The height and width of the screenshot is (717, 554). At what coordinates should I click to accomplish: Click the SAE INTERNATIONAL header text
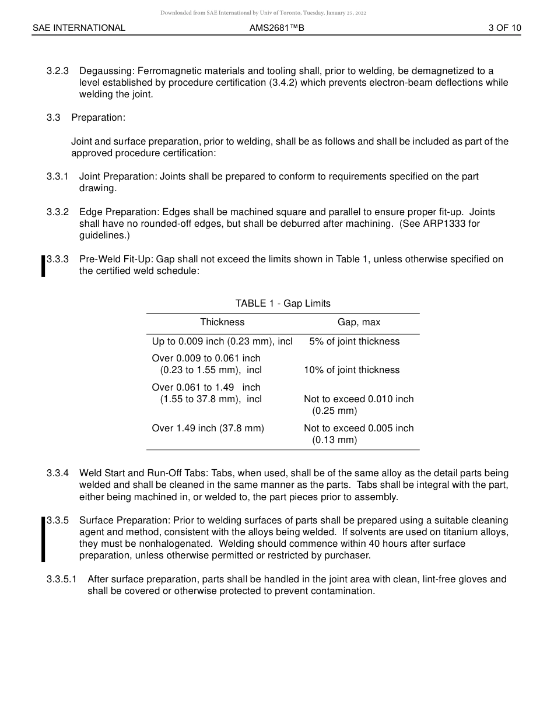pyautogui.click(x=79, y=28)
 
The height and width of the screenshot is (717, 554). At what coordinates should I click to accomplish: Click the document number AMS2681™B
pyautogui.click(x=276, y=28)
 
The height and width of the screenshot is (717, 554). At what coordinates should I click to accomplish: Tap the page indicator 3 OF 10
pyautogui.click(x=504, y=28)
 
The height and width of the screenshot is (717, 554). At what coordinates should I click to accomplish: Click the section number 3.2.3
pyautogui.click(x=58, y=71)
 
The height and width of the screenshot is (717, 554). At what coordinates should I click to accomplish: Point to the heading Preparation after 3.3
pyautogui.click(x=98, y=118)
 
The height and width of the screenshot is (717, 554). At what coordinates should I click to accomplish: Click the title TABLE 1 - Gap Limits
pyautogui.click(x=283, y=304)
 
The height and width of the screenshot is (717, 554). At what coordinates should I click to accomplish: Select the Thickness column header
pyautogui.click(x=222, y=322)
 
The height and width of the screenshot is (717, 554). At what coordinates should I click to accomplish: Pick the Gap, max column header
pyautogui.click(x=359, y=322)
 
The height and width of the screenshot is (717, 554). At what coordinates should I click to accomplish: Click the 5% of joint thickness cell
pyautogui.click(x=354, y=342)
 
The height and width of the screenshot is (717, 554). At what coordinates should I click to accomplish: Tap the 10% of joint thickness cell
pyautogui.click(x=352, y=370)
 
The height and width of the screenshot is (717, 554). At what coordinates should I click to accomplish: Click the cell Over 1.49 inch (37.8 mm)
pyautogui.click(x=208, y=428)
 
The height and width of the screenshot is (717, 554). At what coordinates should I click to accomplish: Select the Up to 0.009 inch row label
pyautogui.click(x=222, y=342)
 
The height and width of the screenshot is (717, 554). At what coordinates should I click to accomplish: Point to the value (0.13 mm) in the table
pyautogui.click(x=334, y=440)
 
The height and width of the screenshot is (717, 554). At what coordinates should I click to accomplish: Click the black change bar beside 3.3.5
pyautogui.click(x=43, y=539)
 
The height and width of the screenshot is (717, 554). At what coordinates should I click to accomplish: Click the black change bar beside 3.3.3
pyautogui.click(x=43, y=266)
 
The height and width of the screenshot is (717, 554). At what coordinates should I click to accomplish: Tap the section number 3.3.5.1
pyautogui.click(x=61, y=579)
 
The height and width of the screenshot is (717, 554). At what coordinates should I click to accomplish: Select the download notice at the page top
pyautogui.click(x=263, y=13)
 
